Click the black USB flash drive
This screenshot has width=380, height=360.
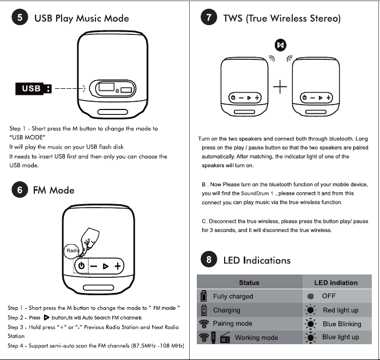[33, 89]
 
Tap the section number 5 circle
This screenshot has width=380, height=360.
[20, 17]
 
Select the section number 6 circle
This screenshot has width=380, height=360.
[20, 190]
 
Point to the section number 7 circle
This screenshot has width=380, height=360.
[209, 17]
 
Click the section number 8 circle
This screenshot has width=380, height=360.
[209, 259]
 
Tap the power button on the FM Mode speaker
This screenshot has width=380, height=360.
[81, 266]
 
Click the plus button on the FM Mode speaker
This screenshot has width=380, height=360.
[118, 266]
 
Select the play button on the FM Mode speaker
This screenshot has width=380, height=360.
[105, 266]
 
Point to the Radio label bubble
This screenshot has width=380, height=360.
[72, 251]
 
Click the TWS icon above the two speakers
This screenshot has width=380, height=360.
[280, 45]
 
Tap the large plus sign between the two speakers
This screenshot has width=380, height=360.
[280, 87]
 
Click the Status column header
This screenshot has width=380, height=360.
[249, 283]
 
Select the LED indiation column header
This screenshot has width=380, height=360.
[336, 283]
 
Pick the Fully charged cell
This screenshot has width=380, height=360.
[233, 296]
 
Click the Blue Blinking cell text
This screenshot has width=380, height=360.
[342, 324]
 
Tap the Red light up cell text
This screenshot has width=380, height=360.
[341, 310]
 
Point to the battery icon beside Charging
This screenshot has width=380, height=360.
[204, 310]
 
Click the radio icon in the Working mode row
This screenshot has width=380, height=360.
[225, 338]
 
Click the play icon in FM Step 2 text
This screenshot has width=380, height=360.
[46, 318]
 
